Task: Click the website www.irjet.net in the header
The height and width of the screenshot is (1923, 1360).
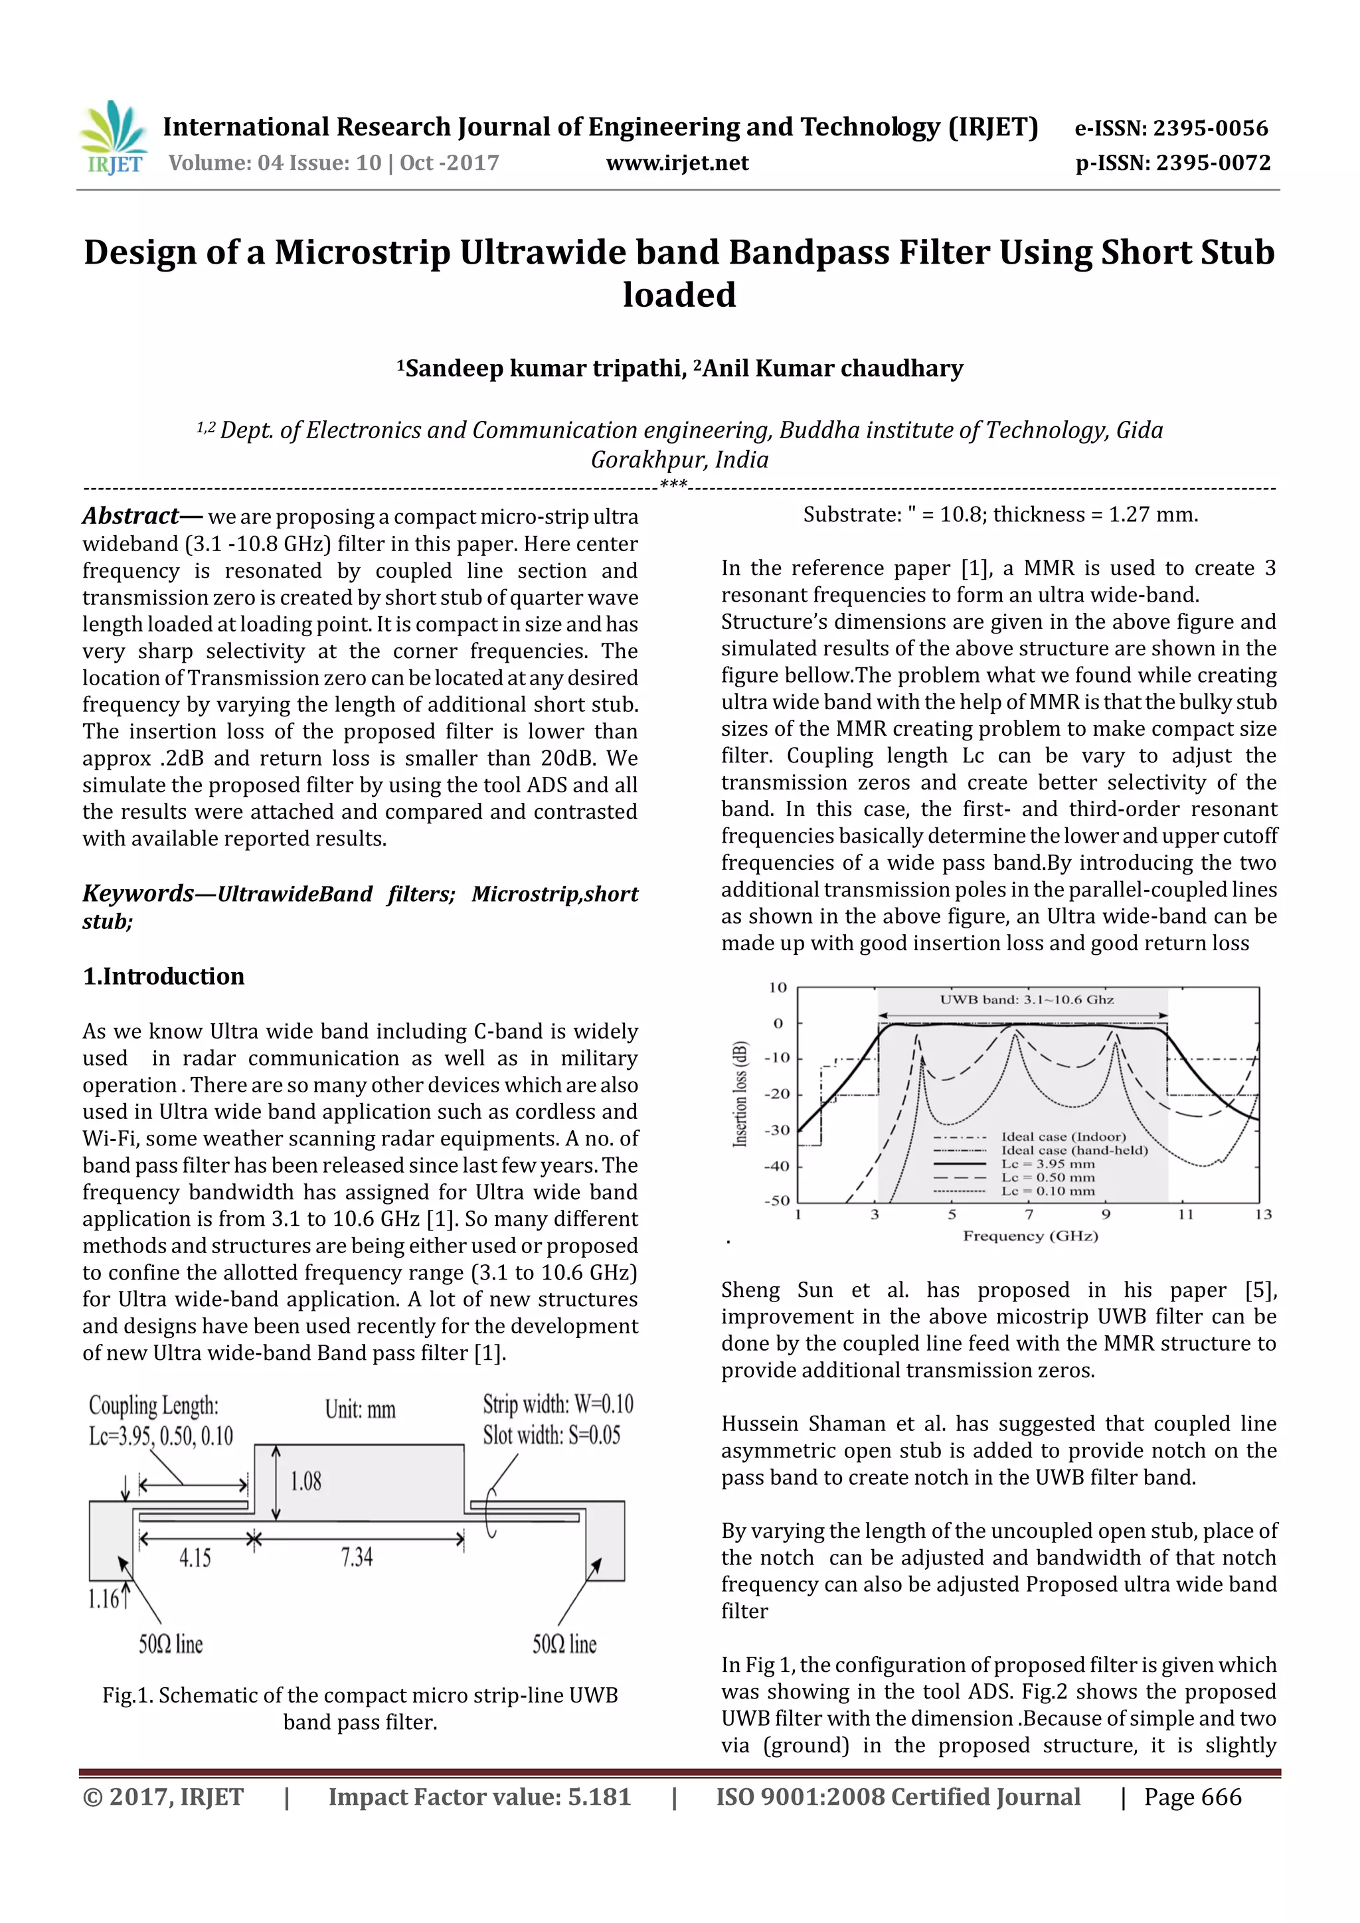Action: click(x=677, y=163)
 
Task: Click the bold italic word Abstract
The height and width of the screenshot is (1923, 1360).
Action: click(x=131, y=516)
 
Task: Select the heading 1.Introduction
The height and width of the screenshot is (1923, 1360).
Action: click(x=163, y=977)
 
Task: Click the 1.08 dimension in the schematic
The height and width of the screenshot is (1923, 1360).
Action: click(x=305, y=1481)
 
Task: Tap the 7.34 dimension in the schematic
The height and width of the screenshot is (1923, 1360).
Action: click(x=357, y=1557)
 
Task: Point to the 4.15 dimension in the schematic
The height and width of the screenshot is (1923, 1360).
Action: click(x=195, y=1558)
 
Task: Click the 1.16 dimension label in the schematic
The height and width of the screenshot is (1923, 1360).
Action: click(x=104, y=1599)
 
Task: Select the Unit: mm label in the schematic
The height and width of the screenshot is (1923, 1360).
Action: click(x=360, y=1409)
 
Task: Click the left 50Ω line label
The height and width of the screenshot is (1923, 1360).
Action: click(x=171, y=1644)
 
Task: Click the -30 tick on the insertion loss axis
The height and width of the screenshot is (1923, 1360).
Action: click(x=777, y=1130)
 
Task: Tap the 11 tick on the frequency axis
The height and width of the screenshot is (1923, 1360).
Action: click(x=1185, y=1214)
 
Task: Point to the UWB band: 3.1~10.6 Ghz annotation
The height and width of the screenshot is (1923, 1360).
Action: click(x=1026, y=999)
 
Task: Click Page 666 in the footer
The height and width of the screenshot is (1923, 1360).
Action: click(x=1193, y=1798)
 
